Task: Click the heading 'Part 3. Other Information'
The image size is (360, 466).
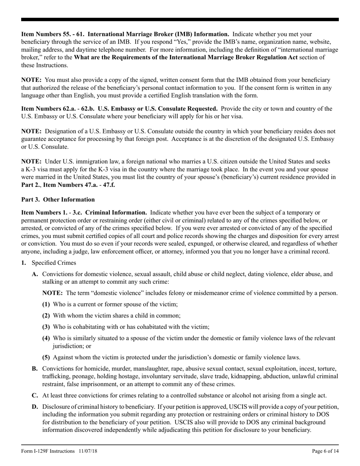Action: click(x=58, y=199)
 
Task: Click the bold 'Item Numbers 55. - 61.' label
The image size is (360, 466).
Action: click(x=53, y=34)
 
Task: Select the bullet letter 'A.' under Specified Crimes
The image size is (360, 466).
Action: click(x=35, y=274)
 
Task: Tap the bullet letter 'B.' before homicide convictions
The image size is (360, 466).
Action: click(x=35, y=368)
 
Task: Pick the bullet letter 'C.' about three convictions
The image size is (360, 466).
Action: click(x=35, y=396)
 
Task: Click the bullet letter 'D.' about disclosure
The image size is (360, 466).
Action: click(x=35, y=407)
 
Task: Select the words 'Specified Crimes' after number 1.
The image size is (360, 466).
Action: click(x=54, y=263)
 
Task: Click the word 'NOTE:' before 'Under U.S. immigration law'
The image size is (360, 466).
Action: click(x=31, y=161)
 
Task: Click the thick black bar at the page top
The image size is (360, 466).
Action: click(x=180, y=19)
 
